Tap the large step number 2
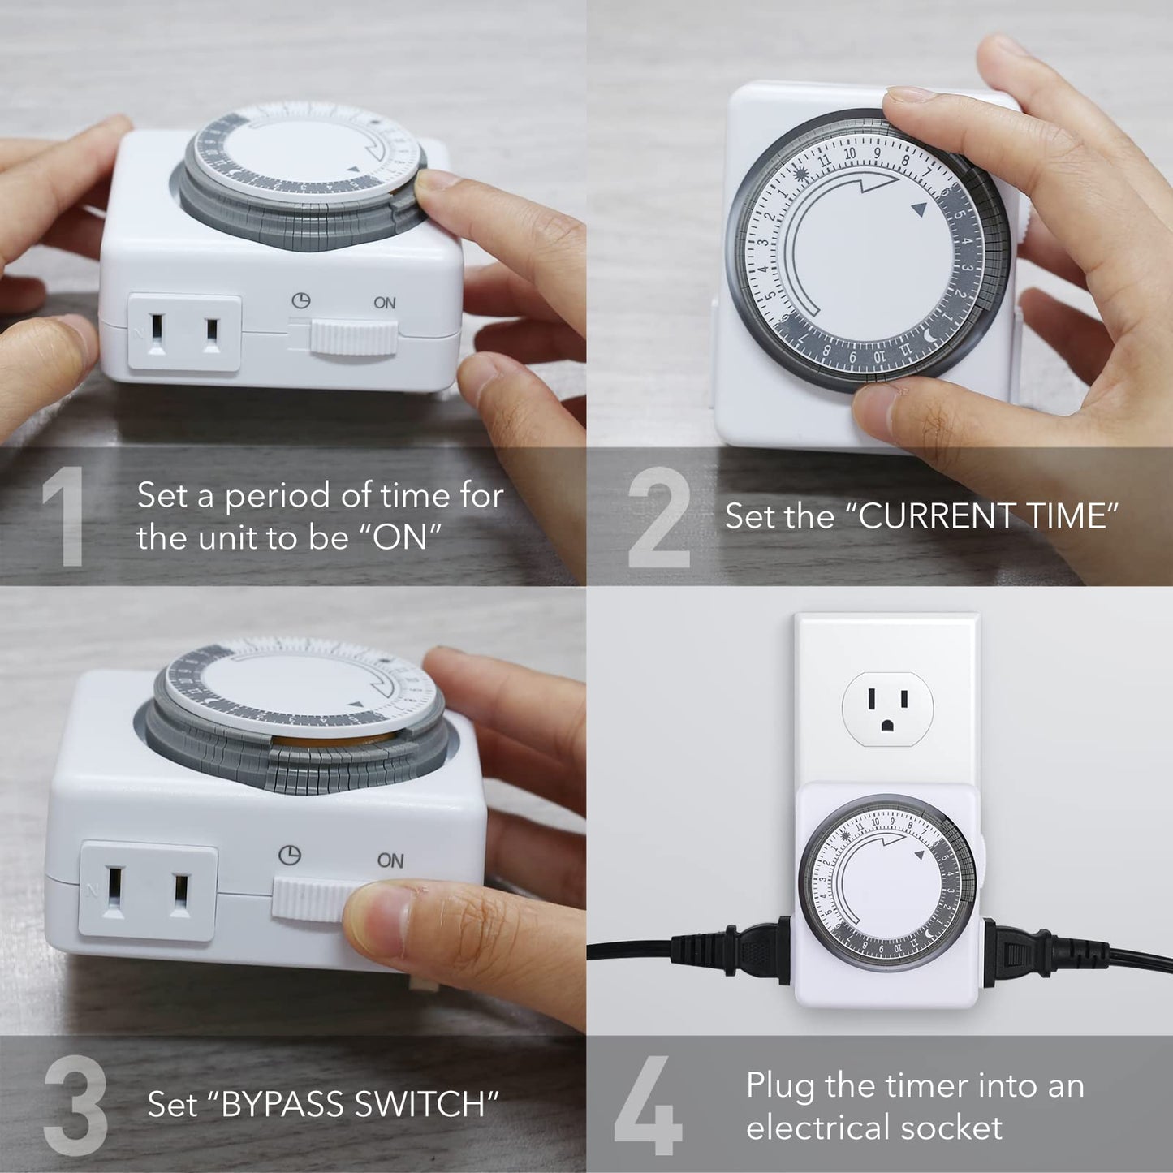click(x=659, y=517)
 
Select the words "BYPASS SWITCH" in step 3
click(x=353, y=1104)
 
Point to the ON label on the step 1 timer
click(x=385, y=303)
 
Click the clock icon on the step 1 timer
click(x=301, y=300)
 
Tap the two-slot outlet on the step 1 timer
click(x=185, y=334)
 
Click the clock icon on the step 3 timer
click(x=290, y=855)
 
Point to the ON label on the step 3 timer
click(x=390, y=860)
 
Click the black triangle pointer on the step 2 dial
click(x=919, y=209)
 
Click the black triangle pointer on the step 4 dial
click(x=919, y=855)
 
